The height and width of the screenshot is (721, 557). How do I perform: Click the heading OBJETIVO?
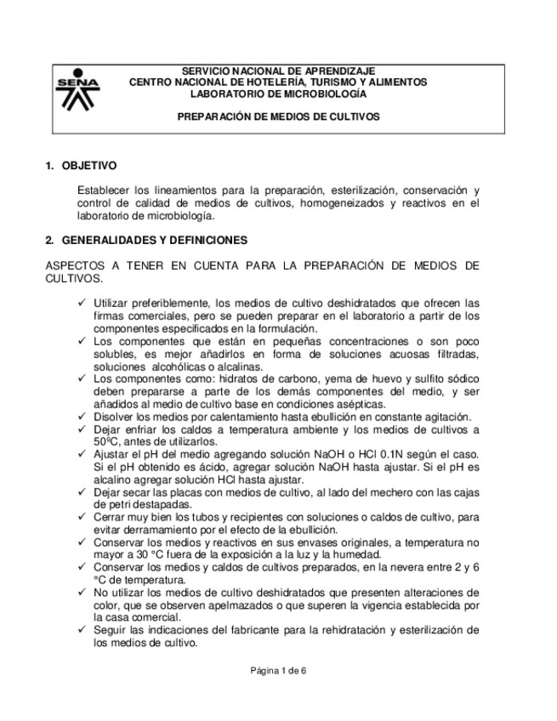tap(88, 165)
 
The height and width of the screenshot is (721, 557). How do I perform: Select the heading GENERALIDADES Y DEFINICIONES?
tap(154, 241)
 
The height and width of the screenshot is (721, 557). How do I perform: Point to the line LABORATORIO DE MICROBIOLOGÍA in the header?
tap(278, 93)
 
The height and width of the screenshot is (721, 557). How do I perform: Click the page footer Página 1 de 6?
tap(278, 671)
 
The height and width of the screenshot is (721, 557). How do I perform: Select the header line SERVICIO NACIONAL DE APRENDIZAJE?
tap(278, 71)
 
